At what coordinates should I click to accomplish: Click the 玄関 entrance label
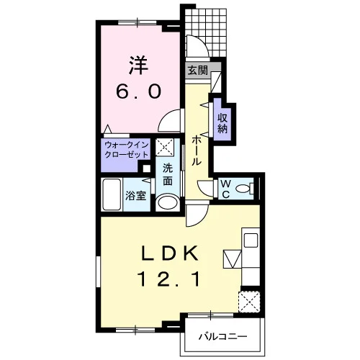[x=197, y=71]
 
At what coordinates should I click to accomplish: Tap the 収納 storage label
[x=222, y=123]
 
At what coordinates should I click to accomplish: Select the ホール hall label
[x=196, y=150]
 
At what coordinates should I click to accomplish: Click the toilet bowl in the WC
[x=243, y=189]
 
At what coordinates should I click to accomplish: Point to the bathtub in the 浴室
[x=112, y=195]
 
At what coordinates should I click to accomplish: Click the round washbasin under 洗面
[x=168, y=203]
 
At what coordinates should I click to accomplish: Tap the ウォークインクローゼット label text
[x=127, y=150]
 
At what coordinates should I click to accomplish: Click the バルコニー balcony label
[x=222, y=337]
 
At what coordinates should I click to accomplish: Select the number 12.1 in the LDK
[x=168, y=280]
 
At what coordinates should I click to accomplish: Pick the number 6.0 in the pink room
[x=138, y=91]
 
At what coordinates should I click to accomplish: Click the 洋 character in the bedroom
[x=138, y=66]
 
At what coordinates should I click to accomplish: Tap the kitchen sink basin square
[x=251, y=240]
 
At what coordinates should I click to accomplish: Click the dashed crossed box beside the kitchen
[x=249, y=302]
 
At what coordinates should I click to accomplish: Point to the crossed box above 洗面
[x=165, y=147]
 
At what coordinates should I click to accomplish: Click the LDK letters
[x=169, y=253]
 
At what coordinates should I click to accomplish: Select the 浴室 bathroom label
[x=136, y=196]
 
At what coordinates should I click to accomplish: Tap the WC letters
[x=226, y=189]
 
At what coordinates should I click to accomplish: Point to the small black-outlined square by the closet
[x=146, y=168]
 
